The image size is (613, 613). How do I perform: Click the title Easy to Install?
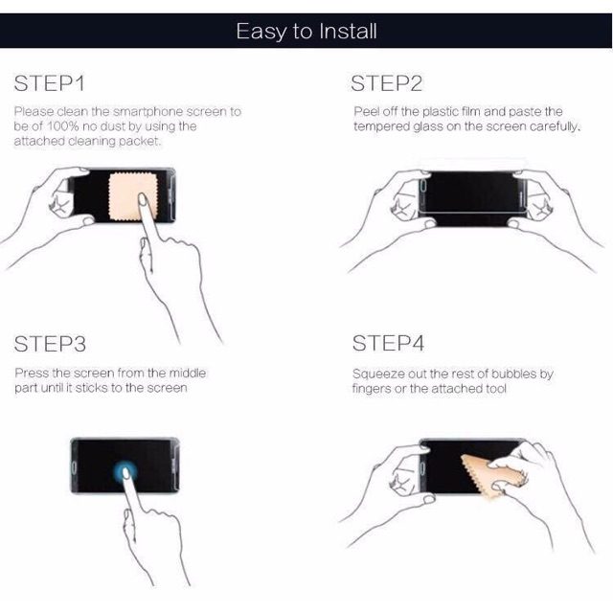306,32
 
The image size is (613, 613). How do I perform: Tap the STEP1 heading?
49,83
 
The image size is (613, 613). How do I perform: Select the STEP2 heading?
386,83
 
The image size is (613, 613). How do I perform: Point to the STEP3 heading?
50,344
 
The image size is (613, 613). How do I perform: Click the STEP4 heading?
388,343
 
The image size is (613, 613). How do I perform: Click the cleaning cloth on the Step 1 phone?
133,196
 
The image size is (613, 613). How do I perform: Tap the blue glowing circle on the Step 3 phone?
125,472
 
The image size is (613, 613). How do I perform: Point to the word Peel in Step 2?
366,111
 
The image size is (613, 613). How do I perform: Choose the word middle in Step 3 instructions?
188,373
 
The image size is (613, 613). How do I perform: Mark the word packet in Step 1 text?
140,141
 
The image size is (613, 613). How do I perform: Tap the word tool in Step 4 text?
496,389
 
